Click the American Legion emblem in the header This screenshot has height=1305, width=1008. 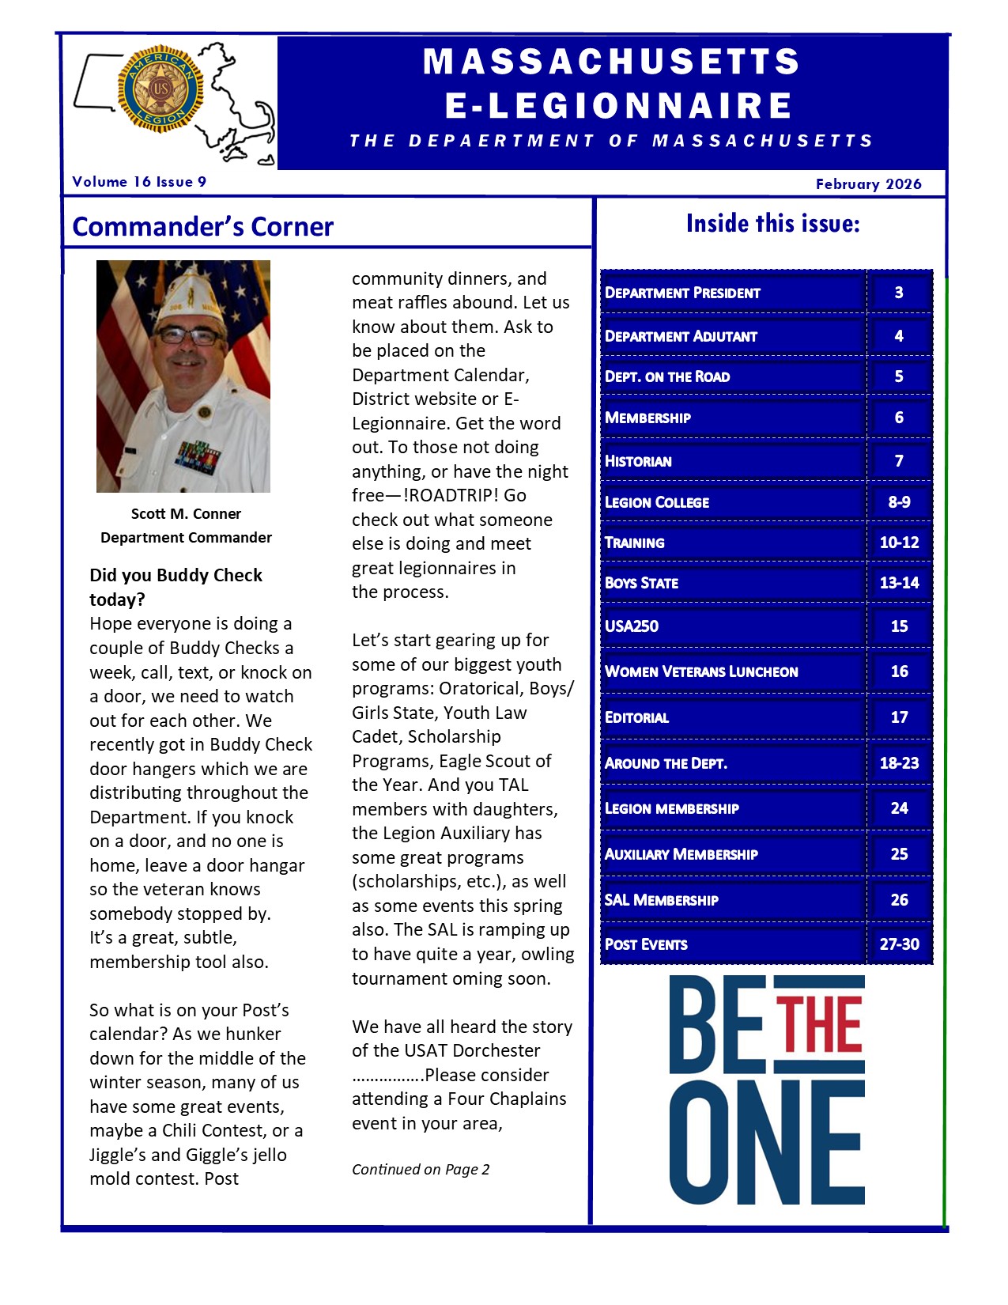tap(160, 89)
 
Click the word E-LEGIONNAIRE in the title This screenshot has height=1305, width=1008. tap(618, 105)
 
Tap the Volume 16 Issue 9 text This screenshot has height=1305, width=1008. tap(139, 182)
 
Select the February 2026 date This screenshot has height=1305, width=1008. tap(868, 184)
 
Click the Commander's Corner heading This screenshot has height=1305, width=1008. tap(202, 227)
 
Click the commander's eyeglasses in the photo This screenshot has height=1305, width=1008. tap(187, 336)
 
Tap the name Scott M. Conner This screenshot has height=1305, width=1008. tap(186, 514)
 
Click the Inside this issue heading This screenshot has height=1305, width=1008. tap(772, 224)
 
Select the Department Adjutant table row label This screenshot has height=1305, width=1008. tap(681, 336)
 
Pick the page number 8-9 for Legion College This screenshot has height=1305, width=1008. tap(899, 502)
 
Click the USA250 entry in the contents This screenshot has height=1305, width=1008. tap(632, 626)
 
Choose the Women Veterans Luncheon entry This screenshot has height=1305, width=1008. tap(701, 671)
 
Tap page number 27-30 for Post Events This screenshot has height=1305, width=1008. tap(899, 944)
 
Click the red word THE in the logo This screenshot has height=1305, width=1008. tap(818, 1025)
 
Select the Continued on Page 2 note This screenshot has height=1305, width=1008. tap(421, 1170)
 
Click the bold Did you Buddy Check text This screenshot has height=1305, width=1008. tap(176, 586)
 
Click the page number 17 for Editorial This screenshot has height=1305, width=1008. tap(899, 717)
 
